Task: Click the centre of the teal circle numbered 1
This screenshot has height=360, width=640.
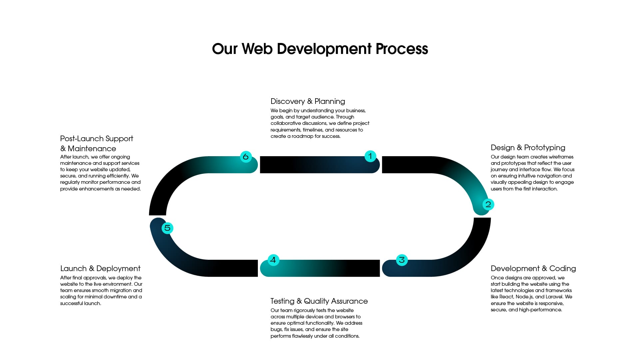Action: pyautogui.click(x=370, y=156)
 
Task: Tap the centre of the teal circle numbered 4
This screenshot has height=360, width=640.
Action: pyautogui.click(x=273, y=260)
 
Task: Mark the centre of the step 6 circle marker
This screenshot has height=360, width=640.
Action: pyautogui.click(x=246, y=157)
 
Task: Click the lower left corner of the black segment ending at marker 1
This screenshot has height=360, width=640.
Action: pyautogui.click(x=260, y=173)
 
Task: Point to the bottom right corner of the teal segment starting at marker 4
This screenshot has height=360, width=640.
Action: pyautogui.click(x=380, y=276)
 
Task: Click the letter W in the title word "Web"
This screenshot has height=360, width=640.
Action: pyautogui.click(x=249, y=49)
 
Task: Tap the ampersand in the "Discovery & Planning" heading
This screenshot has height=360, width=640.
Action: pyautogui.click(x=310, y=101)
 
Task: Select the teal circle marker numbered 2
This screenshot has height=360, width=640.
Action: pyautogui.click(x=488, y=204)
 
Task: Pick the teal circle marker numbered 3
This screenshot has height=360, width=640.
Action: pyautogui.click(x=402, y=260)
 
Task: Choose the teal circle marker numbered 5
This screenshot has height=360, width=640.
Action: pyautogui.click(x=167, y=228)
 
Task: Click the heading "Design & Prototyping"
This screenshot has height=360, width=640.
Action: pyautogui.click(x=528, y=148)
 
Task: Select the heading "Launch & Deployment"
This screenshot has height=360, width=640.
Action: pyautogui.click(x=100, y=268)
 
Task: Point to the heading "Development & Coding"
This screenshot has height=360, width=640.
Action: pyautogui.click(x=533, y=268)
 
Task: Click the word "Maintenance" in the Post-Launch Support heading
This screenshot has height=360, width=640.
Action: pyautogui.click(x=92, y=149)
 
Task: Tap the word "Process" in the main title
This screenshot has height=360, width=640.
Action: pyautogui.click(x=402, y=49)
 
